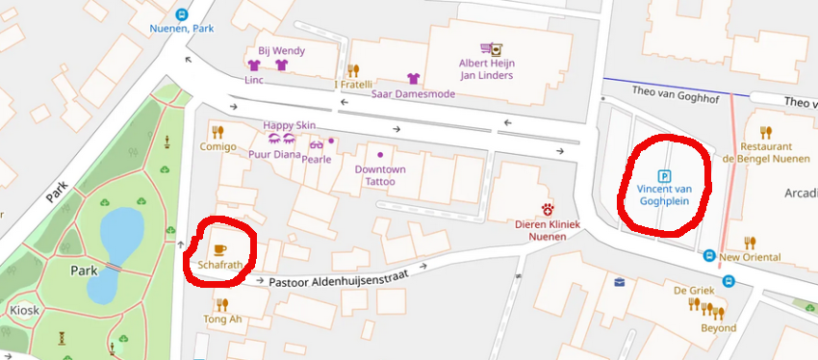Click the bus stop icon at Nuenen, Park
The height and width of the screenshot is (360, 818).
pos(182,14)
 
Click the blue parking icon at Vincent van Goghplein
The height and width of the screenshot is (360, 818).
pos(663,175)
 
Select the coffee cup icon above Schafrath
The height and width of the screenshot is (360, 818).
pos(219,248)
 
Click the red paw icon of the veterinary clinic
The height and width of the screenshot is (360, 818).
pos(549,208)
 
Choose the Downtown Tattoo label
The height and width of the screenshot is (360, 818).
pos(380,175)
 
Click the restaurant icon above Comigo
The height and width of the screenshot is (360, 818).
pos(217,132)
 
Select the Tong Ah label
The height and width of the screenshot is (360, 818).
pos(222,320)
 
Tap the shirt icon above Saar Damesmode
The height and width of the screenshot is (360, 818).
pos(414,79)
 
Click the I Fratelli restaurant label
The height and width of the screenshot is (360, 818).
pos(355,84)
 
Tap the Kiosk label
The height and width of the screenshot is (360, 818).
pos(25,311)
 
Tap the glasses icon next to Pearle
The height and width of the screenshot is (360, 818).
pos(316,145)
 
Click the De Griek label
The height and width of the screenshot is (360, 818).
pos(693,290)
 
